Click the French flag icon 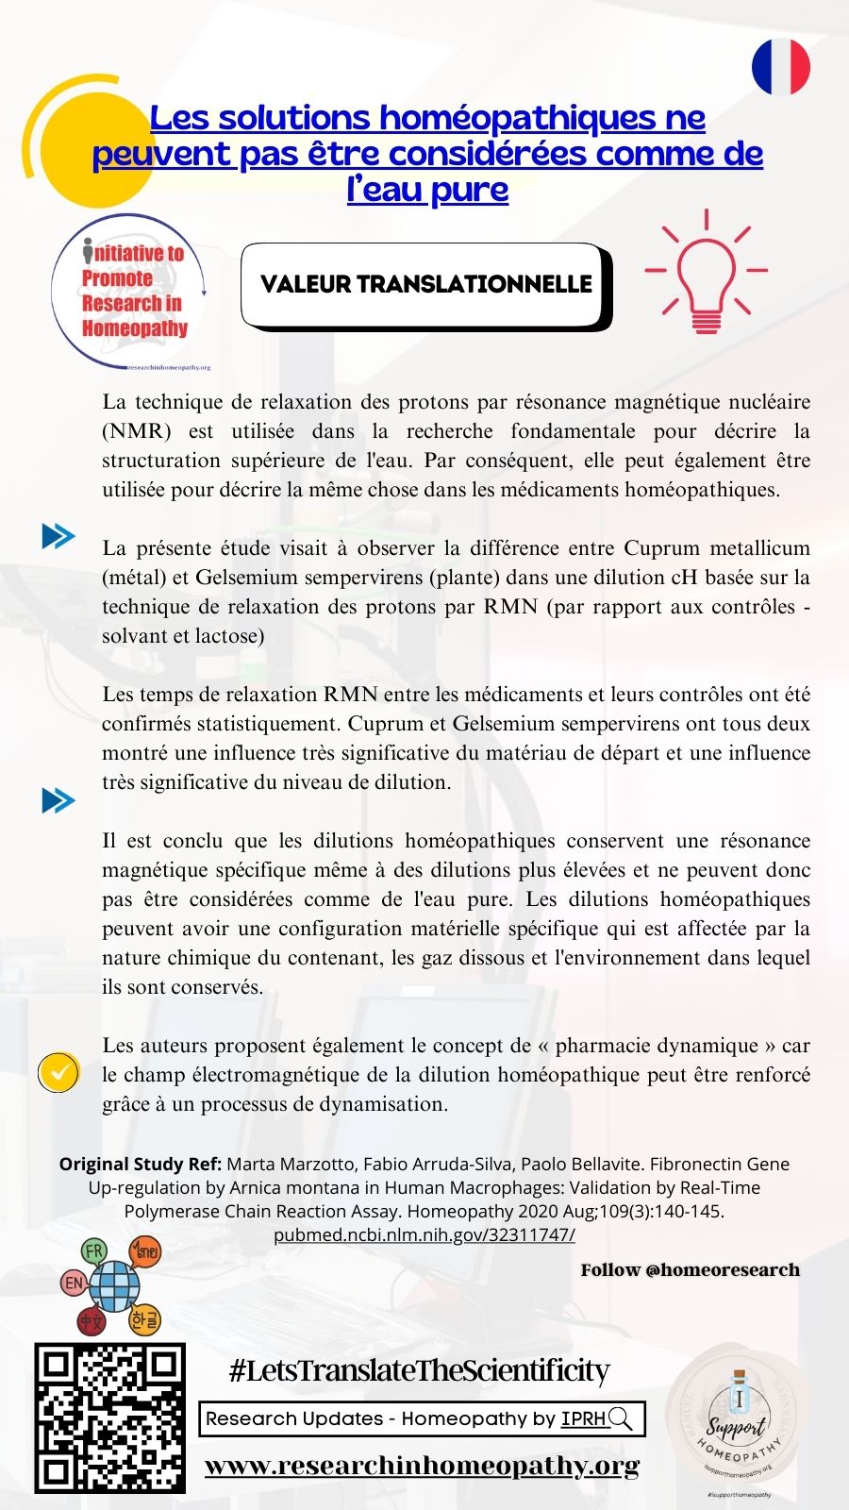coord(780,67)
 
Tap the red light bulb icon coord(706,274)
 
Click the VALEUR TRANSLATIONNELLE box coord(426,285)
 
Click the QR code coord(110,1418)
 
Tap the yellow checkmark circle coord(58,1073)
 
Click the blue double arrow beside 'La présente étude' coord(58,536)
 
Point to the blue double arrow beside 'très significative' coord(58,800)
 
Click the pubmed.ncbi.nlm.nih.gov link coord(424,1234)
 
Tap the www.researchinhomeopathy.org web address coord(422,1466)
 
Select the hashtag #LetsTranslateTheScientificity coord(419,1370)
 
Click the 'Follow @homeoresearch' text coord(690,1270)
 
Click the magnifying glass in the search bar coord(621,1418)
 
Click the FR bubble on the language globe coord(94,1252)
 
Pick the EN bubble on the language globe coord(74,1283)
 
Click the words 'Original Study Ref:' coord(141,1164)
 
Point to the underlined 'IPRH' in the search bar coord(584,1418)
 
